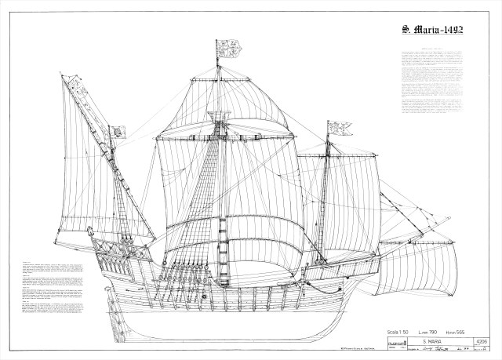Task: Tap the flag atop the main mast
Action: [x=223, y=49]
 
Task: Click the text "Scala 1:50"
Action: [x=387, y=325]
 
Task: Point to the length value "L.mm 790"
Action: [x=420, y=325]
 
